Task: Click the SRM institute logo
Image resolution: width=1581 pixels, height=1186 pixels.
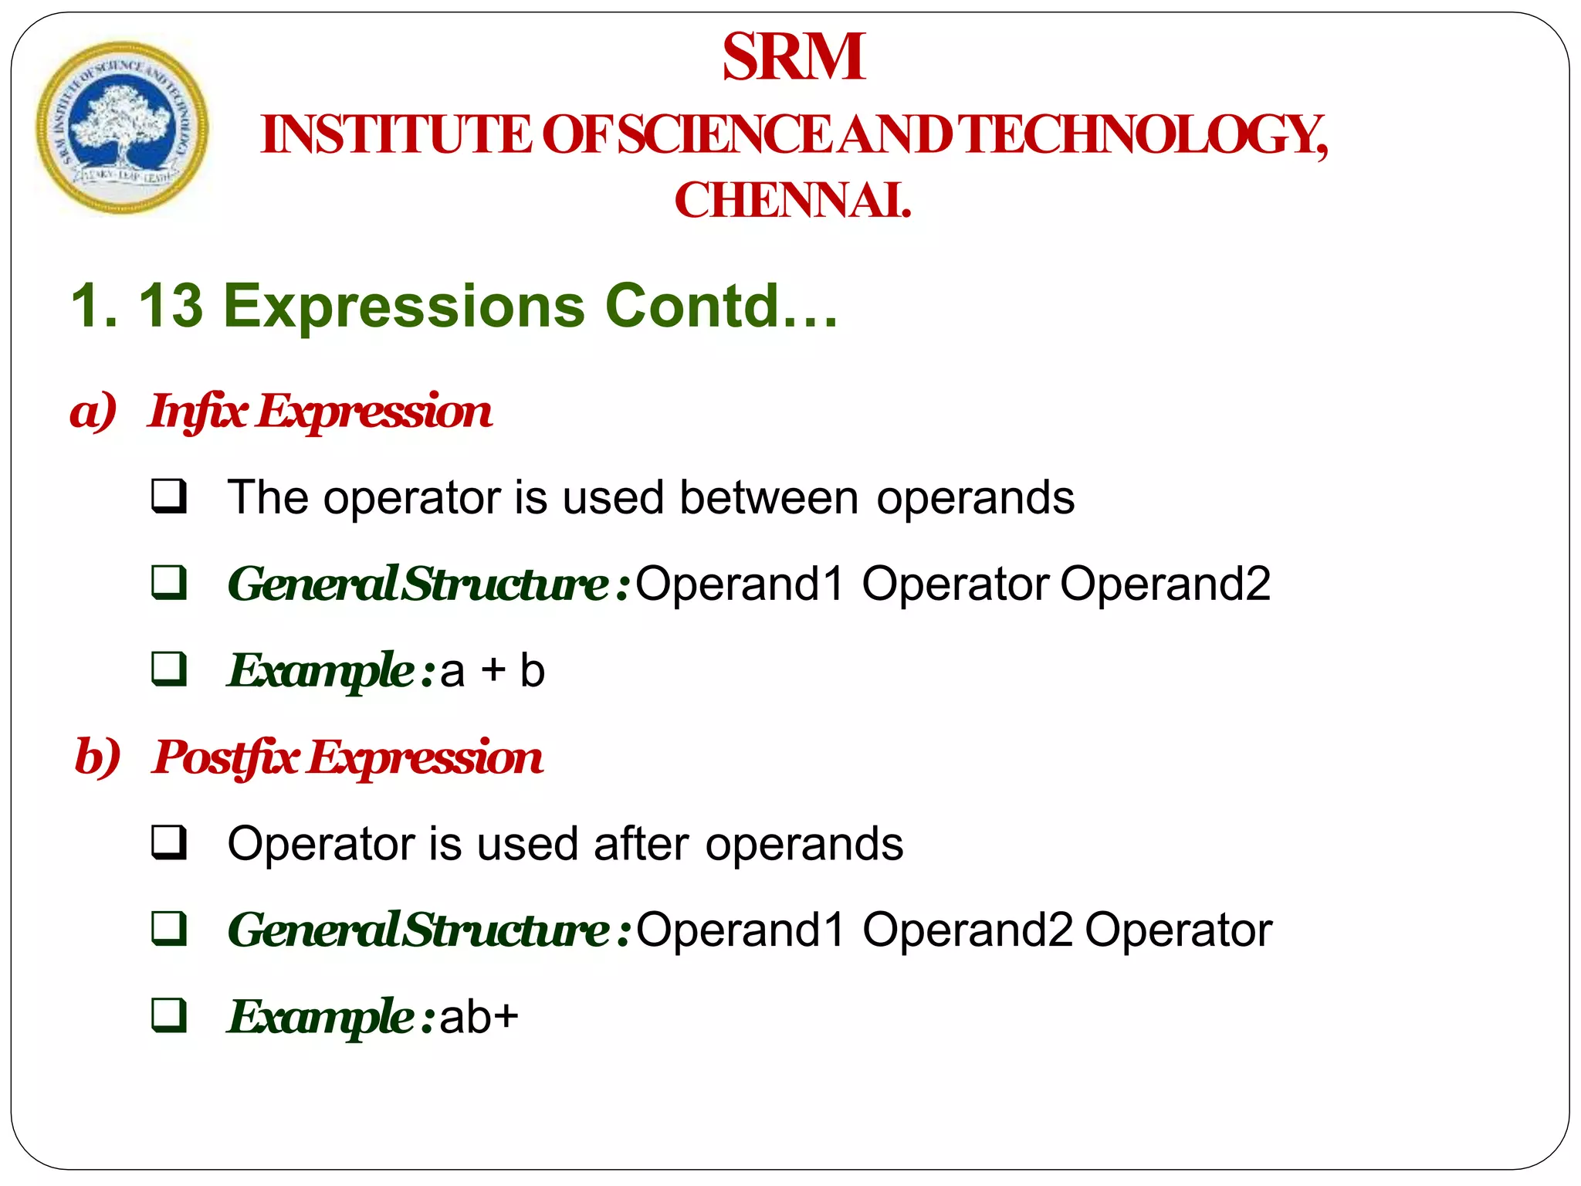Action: coord(122,127)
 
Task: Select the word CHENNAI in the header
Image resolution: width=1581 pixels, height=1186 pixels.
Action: coord(792,201)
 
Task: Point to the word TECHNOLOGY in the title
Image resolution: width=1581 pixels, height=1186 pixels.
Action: coord(1144,135)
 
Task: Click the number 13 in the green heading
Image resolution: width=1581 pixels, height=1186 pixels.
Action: coord(171,306)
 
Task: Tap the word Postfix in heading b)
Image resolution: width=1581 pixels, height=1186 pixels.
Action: coord(225,757)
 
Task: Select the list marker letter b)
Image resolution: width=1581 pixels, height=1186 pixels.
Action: coord(97,757)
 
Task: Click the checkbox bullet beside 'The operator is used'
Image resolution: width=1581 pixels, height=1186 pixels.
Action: coord(169,496)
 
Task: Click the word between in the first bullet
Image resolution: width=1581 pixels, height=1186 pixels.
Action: coord(769,497)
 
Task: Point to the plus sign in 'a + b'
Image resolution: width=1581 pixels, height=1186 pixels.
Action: coord(493,669)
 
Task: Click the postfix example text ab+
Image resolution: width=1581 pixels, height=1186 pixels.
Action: coord(479,1016)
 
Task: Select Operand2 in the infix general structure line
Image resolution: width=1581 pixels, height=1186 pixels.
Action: coord(1165,584)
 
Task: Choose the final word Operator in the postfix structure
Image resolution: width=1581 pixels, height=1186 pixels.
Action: coord(1178,930)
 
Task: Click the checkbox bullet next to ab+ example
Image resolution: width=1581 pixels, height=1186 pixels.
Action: coord(169,1015)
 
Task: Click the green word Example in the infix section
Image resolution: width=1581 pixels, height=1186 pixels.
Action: coord(321,670)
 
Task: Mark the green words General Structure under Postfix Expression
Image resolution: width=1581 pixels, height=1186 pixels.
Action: coord(419,930)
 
